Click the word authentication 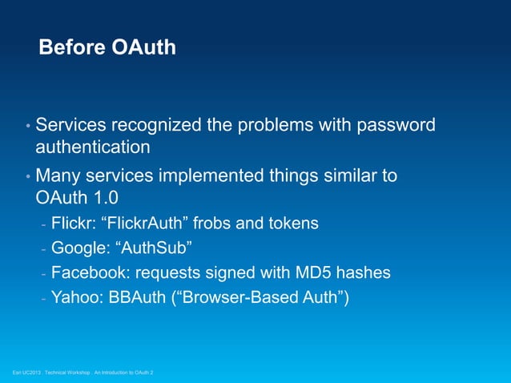(x=92, y=147)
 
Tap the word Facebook (x=86, y=273)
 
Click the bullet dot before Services (x=27, y=127)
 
